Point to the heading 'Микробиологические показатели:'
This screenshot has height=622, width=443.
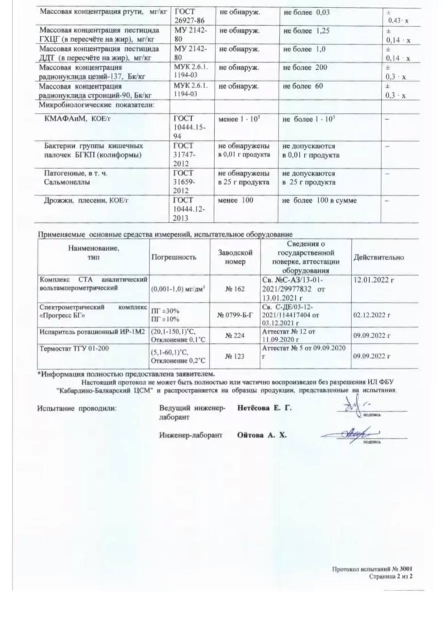(96, 104)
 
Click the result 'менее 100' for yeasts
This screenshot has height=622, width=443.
(236, 200)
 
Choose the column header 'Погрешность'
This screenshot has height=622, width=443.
(174, 258)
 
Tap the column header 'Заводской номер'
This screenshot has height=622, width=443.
(236, 258)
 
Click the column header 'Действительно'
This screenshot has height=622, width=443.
(378, 258)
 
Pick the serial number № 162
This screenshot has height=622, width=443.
(235, 289)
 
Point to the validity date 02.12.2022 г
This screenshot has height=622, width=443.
(372, 315)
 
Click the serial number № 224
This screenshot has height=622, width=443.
(235, 335)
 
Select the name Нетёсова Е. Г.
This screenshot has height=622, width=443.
(265, 408)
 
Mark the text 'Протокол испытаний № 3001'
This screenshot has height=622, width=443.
(372, 569)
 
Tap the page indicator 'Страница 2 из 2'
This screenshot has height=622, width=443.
(391, 576)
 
